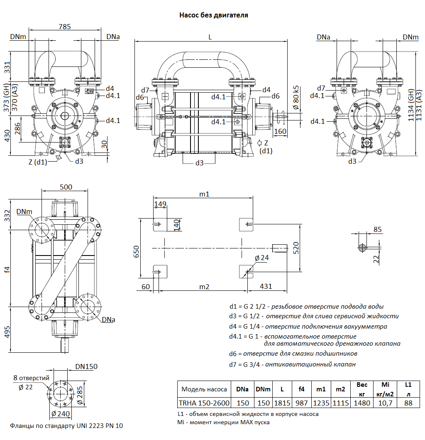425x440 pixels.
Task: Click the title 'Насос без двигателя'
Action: [x=213, y=15]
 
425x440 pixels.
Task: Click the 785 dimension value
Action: [x=65, y=27]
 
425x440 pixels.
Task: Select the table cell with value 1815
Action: [x=282, y=403]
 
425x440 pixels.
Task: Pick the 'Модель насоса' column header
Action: [x=204, y=389]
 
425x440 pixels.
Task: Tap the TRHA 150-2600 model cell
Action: [x=204, y=403]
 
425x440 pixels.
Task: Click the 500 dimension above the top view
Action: [x=66, y=187]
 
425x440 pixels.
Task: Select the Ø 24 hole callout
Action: [x=261, y=258]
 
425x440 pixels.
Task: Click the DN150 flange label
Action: [x=86, y=366]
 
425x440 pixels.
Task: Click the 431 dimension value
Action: [x=266, y=287]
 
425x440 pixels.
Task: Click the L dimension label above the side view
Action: [x=210, y=37]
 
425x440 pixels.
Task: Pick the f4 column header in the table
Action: [x=302, y=389]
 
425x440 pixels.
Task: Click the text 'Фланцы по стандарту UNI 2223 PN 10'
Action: [x=66, y=426]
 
